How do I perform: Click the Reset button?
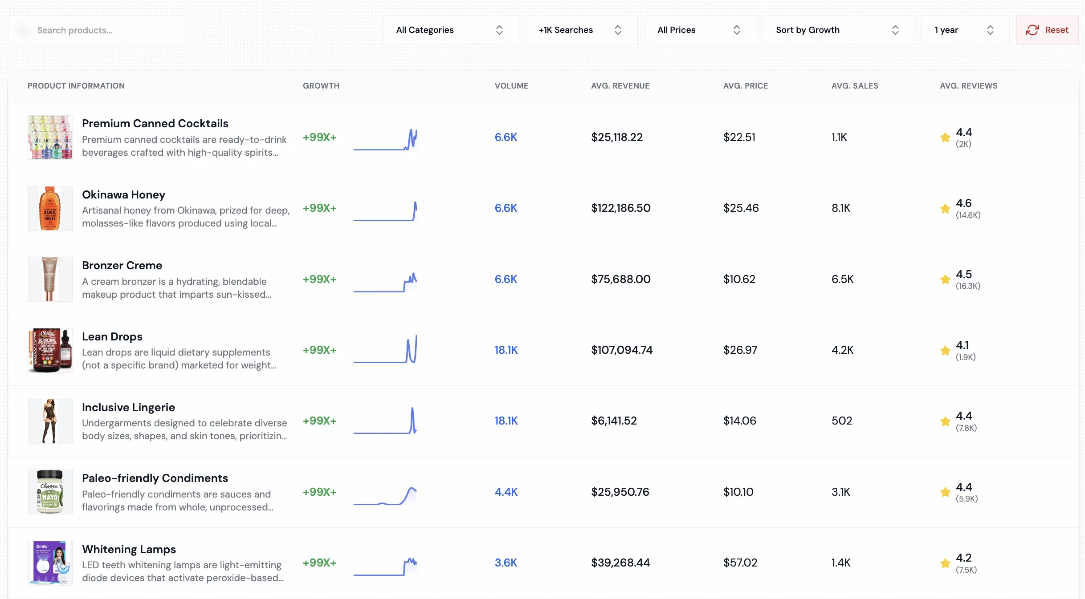(1047, 30)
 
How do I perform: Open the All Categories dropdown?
(450, 30)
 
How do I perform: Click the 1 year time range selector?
(964, 30)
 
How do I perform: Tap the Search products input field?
(102, 30)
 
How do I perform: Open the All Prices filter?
(699, 30)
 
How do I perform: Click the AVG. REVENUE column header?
(620, 86)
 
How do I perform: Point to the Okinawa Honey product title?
(123, 195)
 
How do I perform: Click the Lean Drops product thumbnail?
(50, 350)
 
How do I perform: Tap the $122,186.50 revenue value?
(620, 208)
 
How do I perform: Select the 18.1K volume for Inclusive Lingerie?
(506, 421)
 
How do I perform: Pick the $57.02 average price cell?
(740, 563)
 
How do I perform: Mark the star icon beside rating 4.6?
(945, 209)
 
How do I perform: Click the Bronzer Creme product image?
(50, 279)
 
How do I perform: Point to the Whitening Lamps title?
(129, 550)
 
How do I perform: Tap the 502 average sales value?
(841, 421)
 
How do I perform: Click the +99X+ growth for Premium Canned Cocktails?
(319, 138)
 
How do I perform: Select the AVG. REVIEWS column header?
(968, 86)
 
